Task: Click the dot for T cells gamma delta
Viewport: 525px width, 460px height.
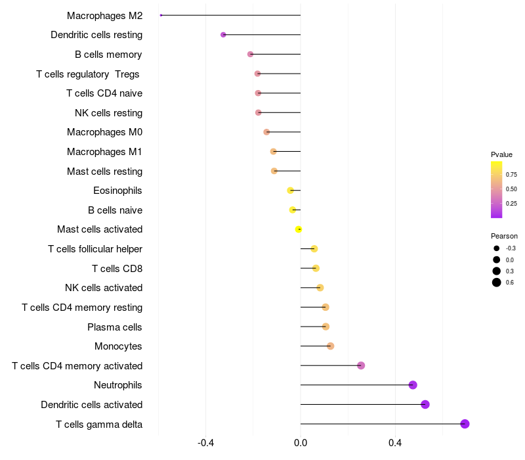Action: click(465, 424)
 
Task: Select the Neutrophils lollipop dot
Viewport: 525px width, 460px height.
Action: click(413, 385)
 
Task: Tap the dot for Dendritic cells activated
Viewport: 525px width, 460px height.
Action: click(425, 404)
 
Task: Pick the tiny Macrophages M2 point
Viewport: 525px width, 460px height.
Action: click(161, 15)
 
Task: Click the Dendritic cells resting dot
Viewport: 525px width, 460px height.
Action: click(223, 34)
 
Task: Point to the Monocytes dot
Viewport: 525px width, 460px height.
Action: click(330, 346)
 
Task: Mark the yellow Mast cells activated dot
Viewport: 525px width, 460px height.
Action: click(299, 229)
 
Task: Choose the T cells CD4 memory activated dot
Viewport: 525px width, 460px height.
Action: click(361, 365)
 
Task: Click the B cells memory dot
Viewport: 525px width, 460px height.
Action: click(250, 54)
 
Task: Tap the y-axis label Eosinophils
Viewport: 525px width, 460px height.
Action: click(118, 191)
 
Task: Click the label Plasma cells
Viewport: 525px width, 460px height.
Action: click(115, 327)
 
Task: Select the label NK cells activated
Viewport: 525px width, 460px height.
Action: click(104, 288)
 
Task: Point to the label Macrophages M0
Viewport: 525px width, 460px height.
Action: click(105, 132)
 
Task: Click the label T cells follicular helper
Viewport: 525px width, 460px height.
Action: click(95, 249)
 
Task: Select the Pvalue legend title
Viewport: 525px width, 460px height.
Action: click(501, 154)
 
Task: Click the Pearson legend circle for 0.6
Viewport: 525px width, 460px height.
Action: click(497, 283)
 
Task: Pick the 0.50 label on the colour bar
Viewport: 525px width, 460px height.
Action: click(511, 189)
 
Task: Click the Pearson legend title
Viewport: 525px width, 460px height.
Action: click(504, 236)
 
